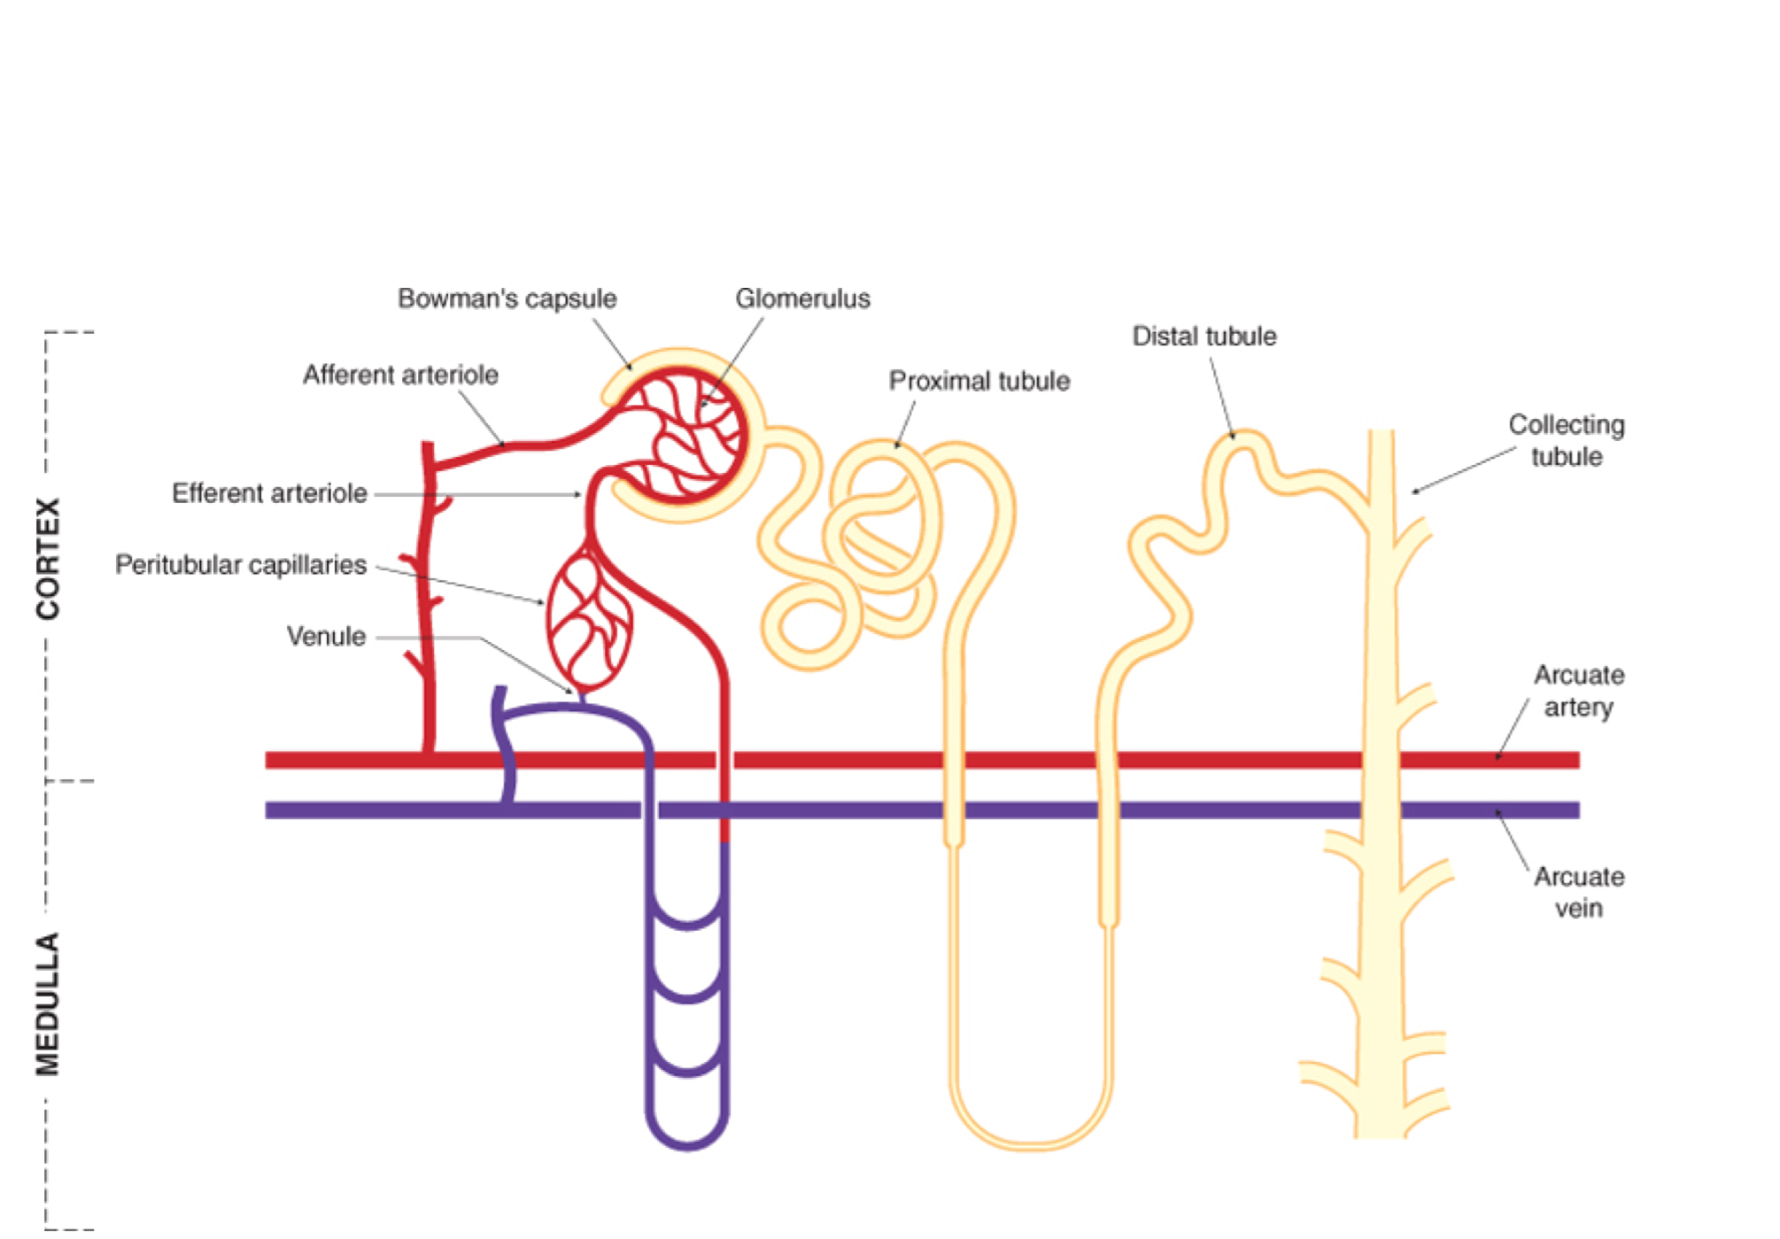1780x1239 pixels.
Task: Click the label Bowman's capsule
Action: coord(507,298)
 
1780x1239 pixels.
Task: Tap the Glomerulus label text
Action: coord(802,298)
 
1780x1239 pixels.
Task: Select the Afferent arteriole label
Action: coord(400,375)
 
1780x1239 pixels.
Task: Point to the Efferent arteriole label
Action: coord(269,493)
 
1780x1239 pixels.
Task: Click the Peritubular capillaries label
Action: coord(241,565)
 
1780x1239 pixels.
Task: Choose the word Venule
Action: coord(326,637)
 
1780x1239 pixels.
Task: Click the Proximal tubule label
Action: coord(979,381)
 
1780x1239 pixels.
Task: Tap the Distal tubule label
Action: coord(1204,337)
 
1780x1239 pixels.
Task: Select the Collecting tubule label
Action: coord(1567,441)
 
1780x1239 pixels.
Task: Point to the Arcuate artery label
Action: coord(1579,692)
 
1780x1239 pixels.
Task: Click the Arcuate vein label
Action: coord(1579,893)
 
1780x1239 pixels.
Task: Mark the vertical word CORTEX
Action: coord(48,558)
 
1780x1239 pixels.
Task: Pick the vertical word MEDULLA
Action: coord(48,1003)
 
